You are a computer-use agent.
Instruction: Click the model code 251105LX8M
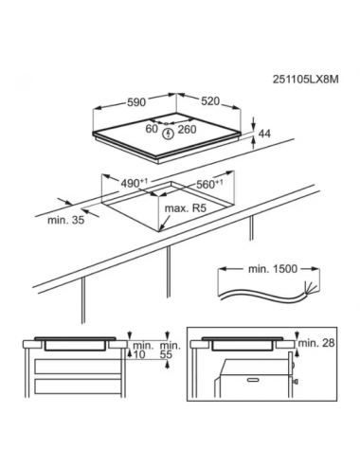click(x=305, y=80)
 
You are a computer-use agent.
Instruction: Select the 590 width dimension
click(x=136, y=102)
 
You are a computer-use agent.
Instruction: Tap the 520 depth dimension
click(x=210, y=101)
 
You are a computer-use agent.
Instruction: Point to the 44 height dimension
click(x=264, y=134)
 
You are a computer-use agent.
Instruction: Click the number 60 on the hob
click(x=152, y=129)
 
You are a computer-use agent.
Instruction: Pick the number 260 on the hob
click(x=187, y=129)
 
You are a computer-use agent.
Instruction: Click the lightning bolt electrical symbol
click(x=169, y=134)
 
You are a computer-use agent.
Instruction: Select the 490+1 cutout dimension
click(x=135, y=183)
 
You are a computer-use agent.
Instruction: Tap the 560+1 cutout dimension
click(x=209, y=184)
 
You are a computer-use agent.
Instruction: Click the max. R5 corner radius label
click(x=186, y=208)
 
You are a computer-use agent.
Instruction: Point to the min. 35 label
click(x=66, y=220)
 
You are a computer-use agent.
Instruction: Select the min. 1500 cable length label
click(x=273, y=269)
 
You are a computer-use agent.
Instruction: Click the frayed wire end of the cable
click(x=309, y=288)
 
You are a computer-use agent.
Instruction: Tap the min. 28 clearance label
click(x=316, y=343)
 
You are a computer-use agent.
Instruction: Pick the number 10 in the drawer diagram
click(x=139, y=354)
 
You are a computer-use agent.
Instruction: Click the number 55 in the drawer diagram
click(x=166, y=354)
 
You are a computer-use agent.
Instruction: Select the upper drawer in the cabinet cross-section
click(x=78, y=367)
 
